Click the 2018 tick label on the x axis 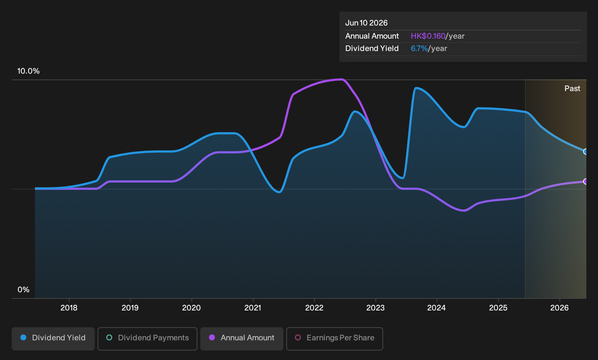69,308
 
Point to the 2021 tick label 253,308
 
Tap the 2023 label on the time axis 375,308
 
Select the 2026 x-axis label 559,308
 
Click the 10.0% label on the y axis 28,71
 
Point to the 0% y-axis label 24,290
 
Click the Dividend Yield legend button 53,339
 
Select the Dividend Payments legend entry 147,339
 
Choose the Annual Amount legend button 241,339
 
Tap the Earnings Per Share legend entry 334,339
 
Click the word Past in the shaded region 572,89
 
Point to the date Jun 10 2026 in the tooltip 366,23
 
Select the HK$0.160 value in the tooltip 428,36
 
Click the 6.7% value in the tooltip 419,48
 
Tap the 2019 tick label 130,308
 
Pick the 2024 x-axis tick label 437,308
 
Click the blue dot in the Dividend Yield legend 24,337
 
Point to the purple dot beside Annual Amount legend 212,337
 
